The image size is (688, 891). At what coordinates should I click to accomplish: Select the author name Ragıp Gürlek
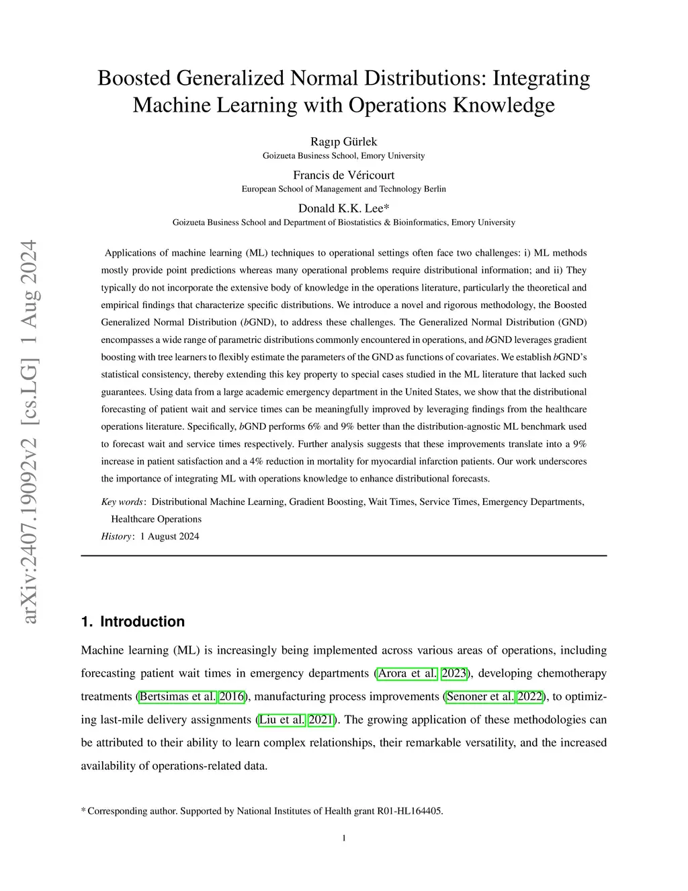click(343, 141)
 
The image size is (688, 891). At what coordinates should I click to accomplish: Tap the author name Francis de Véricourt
click(343, 175)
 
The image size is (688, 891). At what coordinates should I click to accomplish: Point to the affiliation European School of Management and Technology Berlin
click(343, 189)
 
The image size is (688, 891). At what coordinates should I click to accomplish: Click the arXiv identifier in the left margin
click(30, 430)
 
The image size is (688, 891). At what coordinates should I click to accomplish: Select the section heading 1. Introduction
click(132, 621)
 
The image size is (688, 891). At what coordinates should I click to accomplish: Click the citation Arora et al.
click(407, 673)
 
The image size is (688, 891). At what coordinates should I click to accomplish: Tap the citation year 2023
click(454, 673)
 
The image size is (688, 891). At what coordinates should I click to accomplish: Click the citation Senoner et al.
click(480, 697)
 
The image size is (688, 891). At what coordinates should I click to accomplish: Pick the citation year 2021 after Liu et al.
click(321, 720)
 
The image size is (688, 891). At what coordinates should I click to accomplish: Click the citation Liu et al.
click(282, 720)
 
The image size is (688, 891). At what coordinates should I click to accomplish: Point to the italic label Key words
click(122, 502)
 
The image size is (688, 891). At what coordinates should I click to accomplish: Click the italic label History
click(116, 537)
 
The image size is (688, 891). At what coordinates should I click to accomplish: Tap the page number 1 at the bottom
click(344, 838)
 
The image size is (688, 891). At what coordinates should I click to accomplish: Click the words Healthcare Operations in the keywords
click(156, 519)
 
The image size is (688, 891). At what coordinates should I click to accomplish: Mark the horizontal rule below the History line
click(343, 555)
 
